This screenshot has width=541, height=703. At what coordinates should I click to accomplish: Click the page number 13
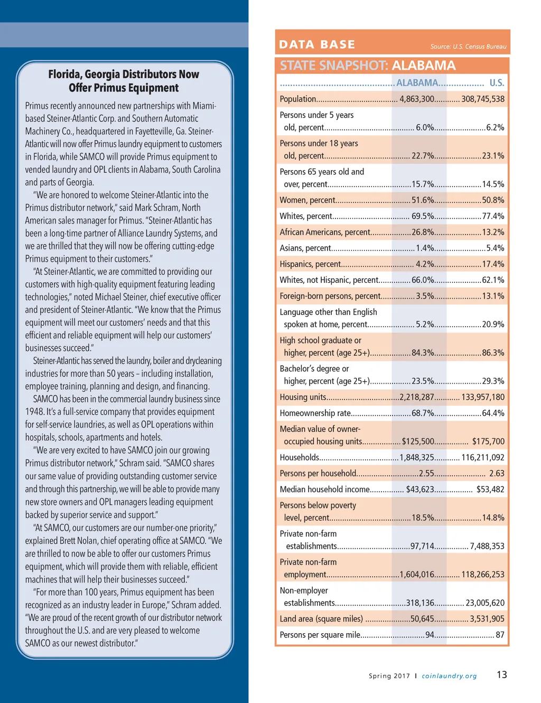coord(501,674)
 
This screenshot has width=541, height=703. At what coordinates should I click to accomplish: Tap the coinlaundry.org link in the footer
coord(449,676)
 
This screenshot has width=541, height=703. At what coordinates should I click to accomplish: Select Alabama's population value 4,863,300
coord(417,99)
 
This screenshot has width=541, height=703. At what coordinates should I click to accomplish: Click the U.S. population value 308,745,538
coord(483,99)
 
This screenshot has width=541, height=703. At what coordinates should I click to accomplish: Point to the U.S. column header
coord(497,83)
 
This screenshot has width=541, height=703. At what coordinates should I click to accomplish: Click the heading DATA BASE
coord(317,44)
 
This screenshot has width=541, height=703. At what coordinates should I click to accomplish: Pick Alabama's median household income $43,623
coord(420,489)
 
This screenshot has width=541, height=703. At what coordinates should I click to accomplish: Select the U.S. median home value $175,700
coord(488,441)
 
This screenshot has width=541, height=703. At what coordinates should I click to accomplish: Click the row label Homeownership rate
coord(315,413)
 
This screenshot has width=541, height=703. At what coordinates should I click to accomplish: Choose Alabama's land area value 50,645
coord(422,619)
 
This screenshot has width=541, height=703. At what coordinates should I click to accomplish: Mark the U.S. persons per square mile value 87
coord(500,635)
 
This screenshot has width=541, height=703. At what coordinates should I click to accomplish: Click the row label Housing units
coord(303,397)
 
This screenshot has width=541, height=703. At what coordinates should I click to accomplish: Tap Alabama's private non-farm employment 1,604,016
coord(417,575)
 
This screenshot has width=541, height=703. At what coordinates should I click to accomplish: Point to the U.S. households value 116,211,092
coord(483,458)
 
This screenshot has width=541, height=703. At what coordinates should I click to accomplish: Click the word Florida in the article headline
coord(64,75)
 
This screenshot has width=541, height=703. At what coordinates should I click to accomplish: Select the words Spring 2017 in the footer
coord(389,676)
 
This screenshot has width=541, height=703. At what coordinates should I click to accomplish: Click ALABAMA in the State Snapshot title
coord(424,66)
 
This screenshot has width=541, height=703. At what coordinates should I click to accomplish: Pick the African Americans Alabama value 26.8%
coord(423,232)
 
